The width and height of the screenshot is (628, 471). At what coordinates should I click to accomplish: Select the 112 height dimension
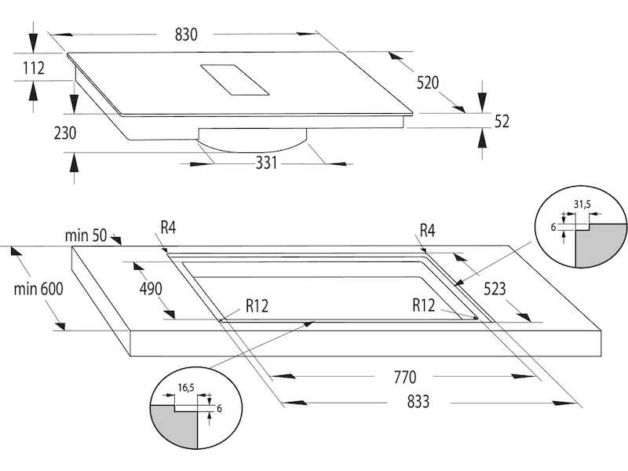[x=34, y=69]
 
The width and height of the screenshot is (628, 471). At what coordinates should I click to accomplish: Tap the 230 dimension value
[x=65, y=133]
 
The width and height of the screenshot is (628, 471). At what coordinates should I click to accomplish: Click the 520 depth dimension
[x=428, y=82]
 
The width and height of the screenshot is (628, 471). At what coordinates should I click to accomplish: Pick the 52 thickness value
[x=502, y=121]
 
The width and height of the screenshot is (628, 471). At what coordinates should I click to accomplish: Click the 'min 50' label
[x=87, y=234]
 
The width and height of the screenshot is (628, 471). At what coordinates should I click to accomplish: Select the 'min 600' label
[x=38, y=288]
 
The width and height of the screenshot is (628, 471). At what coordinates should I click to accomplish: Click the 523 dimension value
[x=494, y=288]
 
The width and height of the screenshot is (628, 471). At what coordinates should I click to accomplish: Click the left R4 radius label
[x=167, y=228]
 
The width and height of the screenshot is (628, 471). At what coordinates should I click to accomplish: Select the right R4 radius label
[x=427, y=230]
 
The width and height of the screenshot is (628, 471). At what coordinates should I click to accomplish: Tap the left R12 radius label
[x=257, y=306]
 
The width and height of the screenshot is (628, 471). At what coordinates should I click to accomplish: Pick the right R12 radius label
[x=425, y=306]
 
